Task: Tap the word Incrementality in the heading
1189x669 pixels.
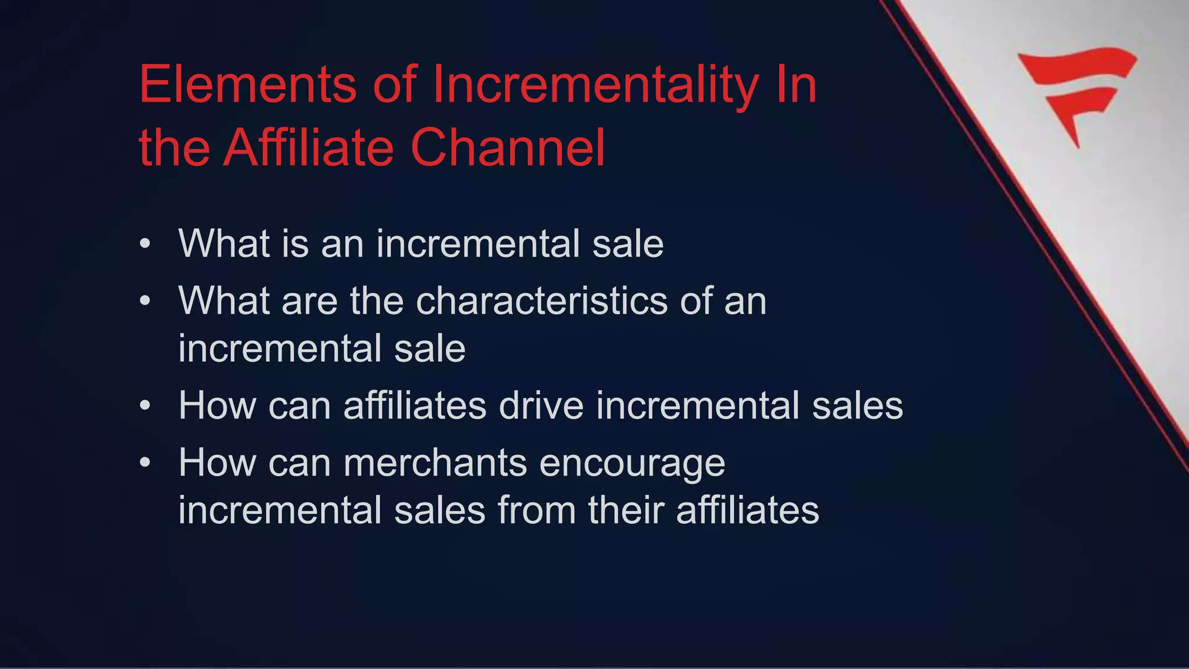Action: point(595,86)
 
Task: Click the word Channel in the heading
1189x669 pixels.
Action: point(508,148)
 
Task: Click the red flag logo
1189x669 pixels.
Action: point(1078,93)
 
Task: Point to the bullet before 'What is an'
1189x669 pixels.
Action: point(145,244)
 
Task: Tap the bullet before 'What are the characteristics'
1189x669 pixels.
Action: point(145,301)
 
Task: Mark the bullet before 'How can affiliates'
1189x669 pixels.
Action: point(145,405)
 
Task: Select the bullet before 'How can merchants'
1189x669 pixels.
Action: point(145,463)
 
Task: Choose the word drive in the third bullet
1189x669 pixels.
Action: point(541,405)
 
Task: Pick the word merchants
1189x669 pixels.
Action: point(435,463)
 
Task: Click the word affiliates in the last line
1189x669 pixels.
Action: point(747,510)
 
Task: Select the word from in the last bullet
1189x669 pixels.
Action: point(536,510)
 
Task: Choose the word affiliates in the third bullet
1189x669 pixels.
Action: point(415,405)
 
